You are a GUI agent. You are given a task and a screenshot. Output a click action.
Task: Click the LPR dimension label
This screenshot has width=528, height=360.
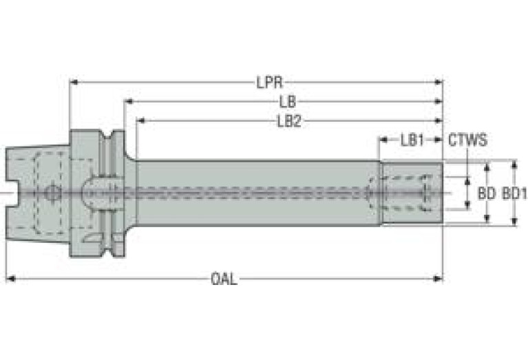tap(269, 83)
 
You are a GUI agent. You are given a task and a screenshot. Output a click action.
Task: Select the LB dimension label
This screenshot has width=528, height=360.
tap(288, 101)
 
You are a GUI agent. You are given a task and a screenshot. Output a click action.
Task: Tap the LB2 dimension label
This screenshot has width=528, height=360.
tap(289, 121)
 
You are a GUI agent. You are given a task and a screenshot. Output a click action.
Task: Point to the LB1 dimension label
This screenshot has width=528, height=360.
tap(412, 140)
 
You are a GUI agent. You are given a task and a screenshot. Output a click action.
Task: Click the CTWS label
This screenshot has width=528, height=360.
tap(467, 140)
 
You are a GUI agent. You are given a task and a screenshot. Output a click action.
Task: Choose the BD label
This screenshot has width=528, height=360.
tap(487, 193)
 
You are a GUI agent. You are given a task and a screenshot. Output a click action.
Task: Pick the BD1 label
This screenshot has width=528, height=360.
tap(514, 193)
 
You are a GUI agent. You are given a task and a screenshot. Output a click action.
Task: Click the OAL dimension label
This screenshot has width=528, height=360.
tap(224, 279)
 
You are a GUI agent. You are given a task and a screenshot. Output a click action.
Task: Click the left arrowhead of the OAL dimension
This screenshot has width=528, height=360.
tap(11, 279)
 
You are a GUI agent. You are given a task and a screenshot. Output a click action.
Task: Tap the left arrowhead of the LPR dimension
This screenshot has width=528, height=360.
tap(74, 82)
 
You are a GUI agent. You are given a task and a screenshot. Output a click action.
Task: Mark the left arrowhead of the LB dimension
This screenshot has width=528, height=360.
tap(128, 101)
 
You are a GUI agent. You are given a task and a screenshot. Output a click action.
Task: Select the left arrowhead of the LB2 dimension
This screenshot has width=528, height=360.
tap(140, 120)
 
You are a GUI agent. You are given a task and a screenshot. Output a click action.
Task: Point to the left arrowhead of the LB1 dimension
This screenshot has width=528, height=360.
tap(384, 139)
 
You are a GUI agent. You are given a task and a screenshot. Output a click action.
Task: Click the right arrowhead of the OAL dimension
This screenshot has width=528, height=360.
tap(438, 279)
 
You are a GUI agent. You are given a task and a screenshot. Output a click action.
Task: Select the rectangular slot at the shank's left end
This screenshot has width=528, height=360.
tap(13, 193)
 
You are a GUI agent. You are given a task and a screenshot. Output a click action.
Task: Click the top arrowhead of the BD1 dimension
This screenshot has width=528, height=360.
tap(514, 164)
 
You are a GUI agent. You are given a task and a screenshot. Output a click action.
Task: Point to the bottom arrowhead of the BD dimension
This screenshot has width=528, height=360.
tap(487, 219)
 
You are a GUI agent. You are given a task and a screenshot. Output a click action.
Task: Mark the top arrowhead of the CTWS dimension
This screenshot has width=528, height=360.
tap(467, 181)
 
